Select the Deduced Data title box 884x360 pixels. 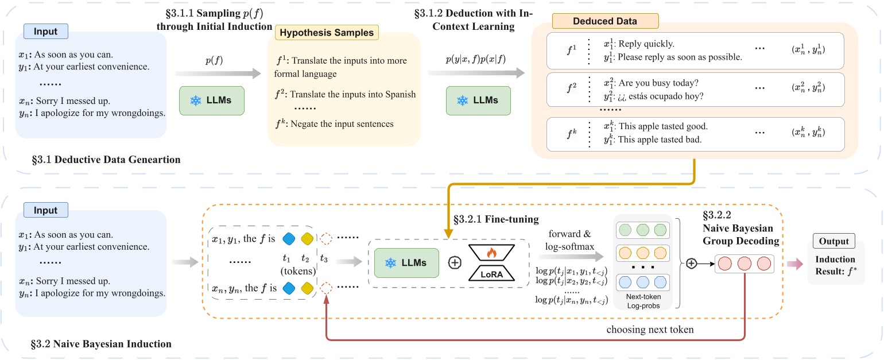605,21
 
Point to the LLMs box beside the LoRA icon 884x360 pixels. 406,263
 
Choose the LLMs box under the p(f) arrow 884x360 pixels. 211,100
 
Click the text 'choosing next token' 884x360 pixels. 650,330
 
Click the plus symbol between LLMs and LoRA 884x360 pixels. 454,263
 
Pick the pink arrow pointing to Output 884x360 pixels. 795,263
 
